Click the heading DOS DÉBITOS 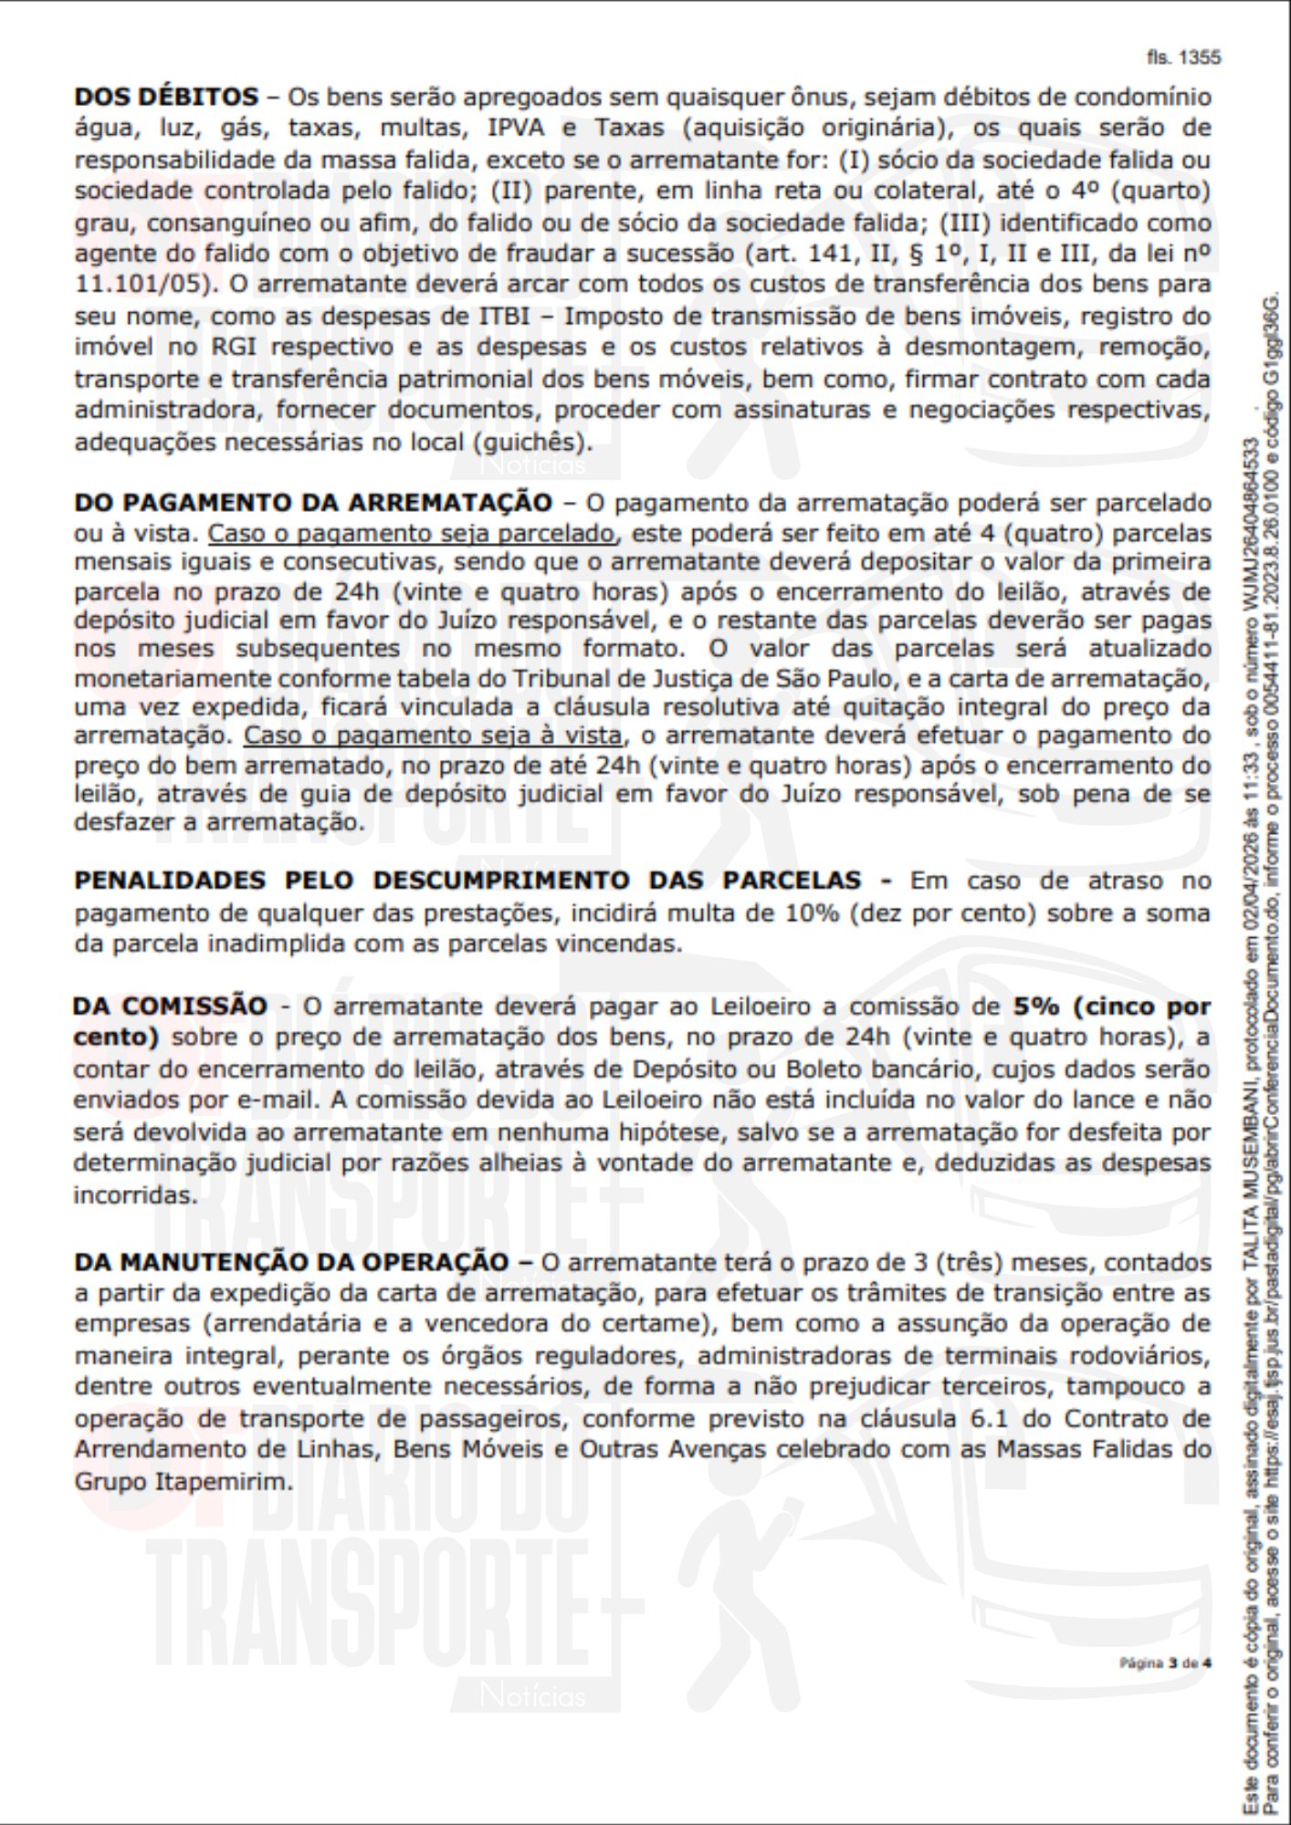[x=166, y=97]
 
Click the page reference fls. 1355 [x=1183, y=57]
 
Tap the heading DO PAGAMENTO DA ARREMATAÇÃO [x=313, y=503]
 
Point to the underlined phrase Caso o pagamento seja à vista [x=434, y=735]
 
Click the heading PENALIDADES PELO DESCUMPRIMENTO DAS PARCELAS [x=467, y=881]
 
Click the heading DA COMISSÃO [x=170, y=1006]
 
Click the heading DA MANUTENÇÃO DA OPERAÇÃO [x=291, y=1262]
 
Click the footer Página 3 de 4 [x=1165, y=1663]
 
